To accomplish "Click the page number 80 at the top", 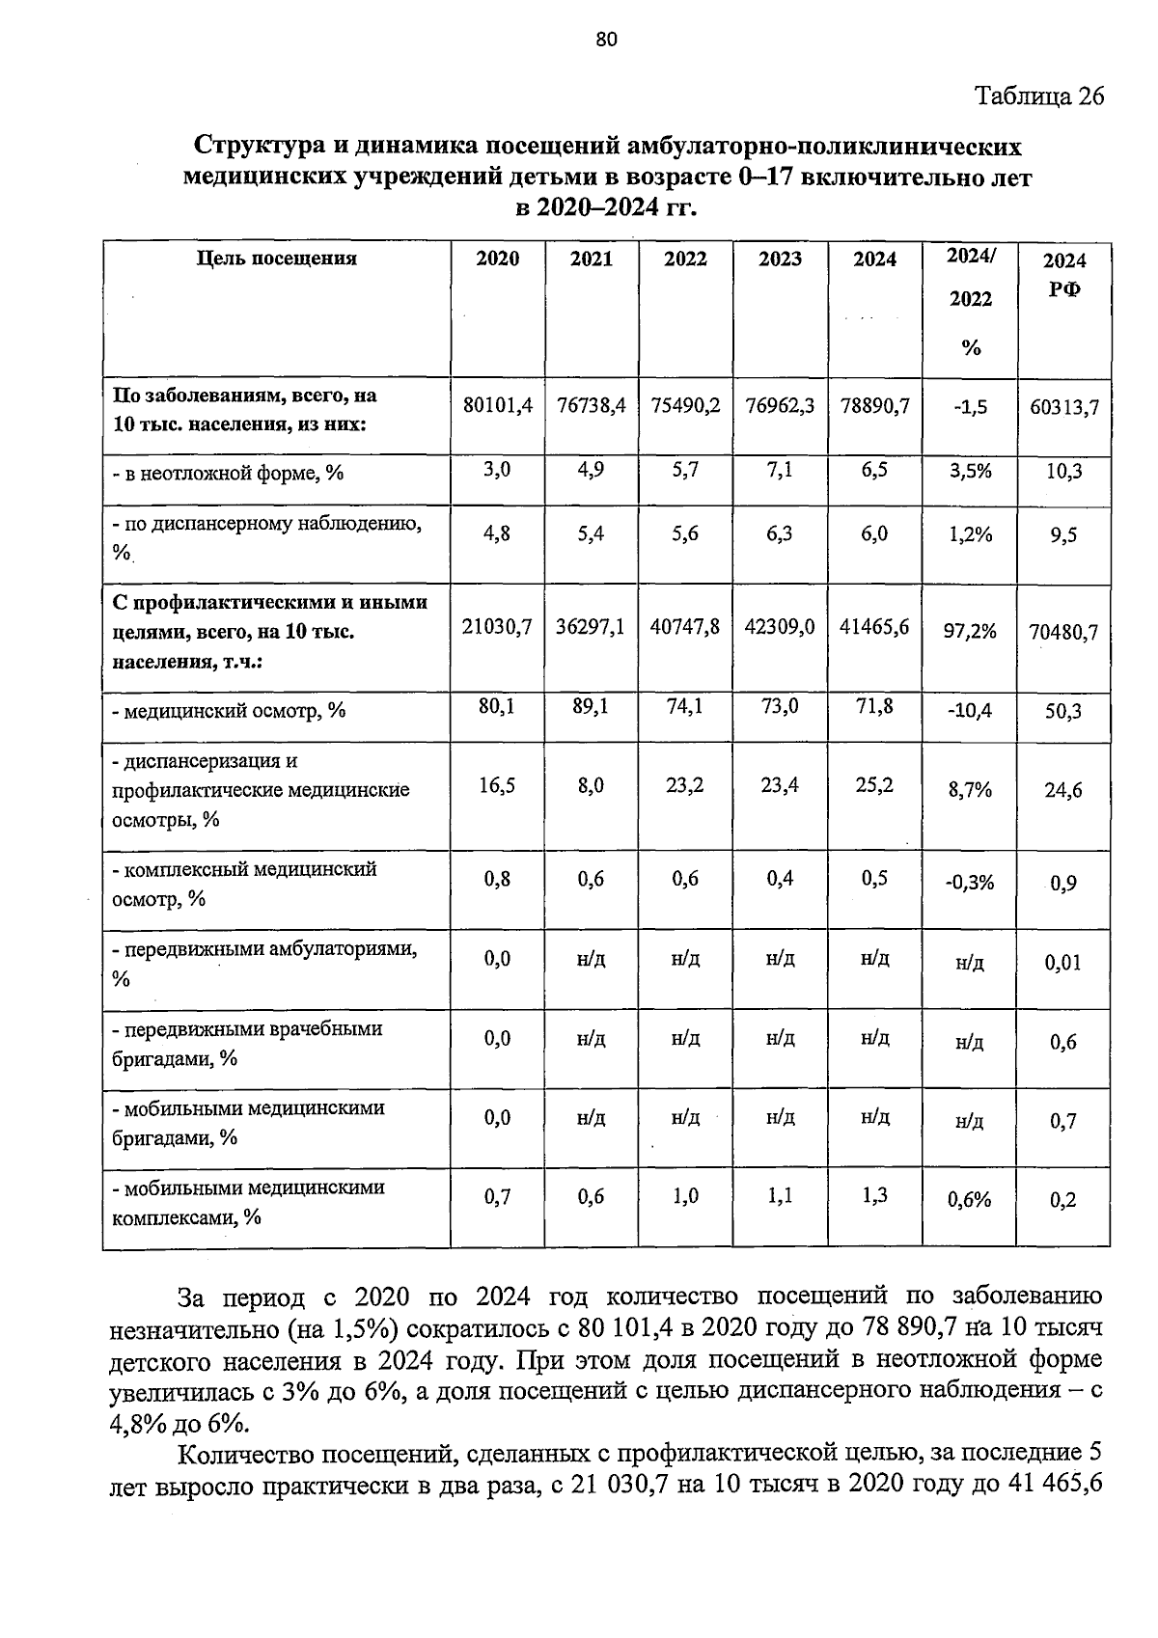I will (x=606, y=40).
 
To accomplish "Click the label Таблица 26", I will (x=1038, y=96).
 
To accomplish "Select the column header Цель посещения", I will (x=277, y=259).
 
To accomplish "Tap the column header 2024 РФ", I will (x=1064, y=274).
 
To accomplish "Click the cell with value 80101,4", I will (x=498, y=406).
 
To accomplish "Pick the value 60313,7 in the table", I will (x=1064, y=408).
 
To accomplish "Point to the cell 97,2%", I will (x=970, y=631).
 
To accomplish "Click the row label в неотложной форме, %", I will (x=229, y=474).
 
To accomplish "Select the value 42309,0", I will (x=780, y=627).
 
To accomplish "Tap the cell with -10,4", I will (x=970, y=712).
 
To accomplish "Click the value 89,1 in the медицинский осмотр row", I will (x=592, y=707).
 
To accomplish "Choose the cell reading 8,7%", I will (x=970, y=790).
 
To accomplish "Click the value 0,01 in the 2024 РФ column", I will (x=1063, y=962).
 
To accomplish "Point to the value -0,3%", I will (x=970, y=883).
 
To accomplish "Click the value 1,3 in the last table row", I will (x=874, y=1196).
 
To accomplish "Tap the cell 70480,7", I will (x=1063, y=633).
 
